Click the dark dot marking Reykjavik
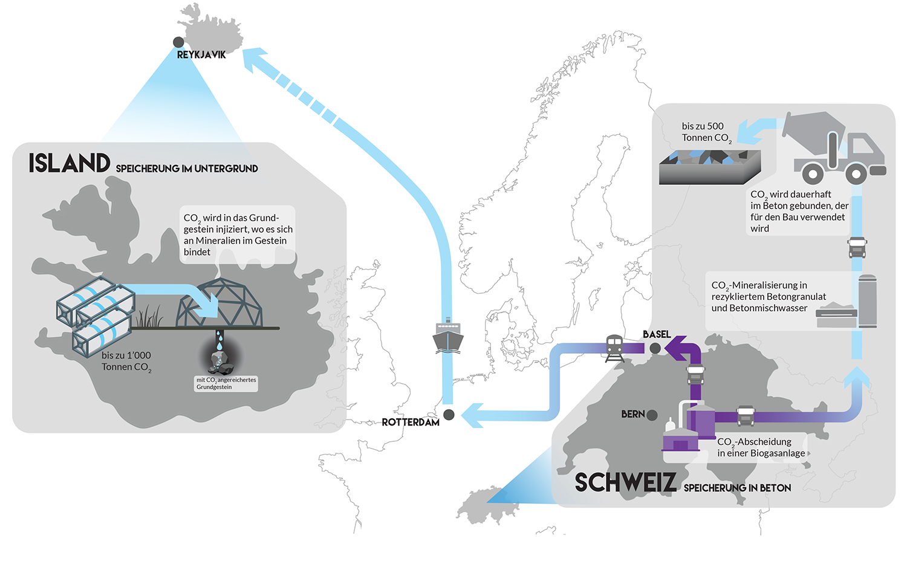pyautogui.click(x=178, y=42)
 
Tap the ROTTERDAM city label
pyautogui.click(x=411, y=423)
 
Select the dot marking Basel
pyautogui.click(x=655, y=348)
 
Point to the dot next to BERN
pyautogui.click(x=652, y=415)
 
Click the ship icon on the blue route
pyautogui.click(x=448, y=335)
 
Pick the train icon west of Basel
pyautogui.click(x=614, y=348)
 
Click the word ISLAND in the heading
pyautogui.click(x=70, y=163)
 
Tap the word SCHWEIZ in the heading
pyautogui.click(x=626, y=482)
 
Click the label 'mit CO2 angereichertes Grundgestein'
pyautogui.click(x=226, y=383)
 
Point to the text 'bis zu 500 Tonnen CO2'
pyautogui.click(x=707, y=132)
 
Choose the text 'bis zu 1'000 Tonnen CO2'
pyautogui.click(x=126, y=361)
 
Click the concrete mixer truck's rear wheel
pyautogui.click(x=813, y=173)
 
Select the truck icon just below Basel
pyautogui.click(x=695, y=375)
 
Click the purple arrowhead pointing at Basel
pyautogui.click(x=675, y=348)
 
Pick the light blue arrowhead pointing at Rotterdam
pyautogui.click(x=472, y=415)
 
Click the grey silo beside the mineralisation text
pyautogui.click(x=867, y=301)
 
